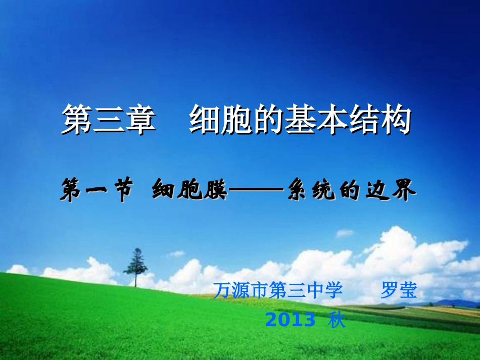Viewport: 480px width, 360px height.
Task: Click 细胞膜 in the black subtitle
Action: (189, 191)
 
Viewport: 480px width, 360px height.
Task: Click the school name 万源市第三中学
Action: (278, 291)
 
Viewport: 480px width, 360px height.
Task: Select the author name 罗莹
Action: (399, 291)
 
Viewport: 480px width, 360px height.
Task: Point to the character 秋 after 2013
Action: (337, 320)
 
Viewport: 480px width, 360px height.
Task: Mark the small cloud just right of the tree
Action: (176, 254)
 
